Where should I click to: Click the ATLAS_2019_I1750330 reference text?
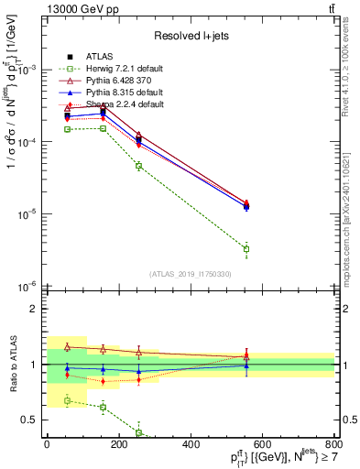coord(191,273)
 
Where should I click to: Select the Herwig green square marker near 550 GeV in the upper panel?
coord(246,249)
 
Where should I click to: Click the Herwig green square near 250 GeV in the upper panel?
coord(138,166)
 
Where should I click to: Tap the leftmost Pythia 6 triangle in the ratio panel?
coord(67,347)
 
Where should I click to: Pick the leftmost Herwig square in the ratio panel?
coord(67,400)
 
